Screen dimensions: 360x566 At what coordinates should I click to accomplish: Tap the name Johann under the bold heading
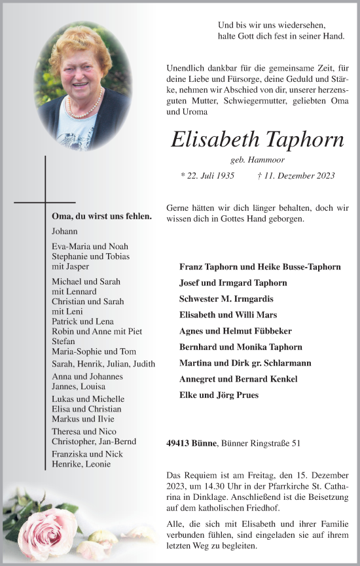[x=64, y=231]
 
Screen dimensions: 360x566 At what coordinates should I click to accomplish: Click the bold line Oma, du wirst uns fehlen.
[x=101, y=216]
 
